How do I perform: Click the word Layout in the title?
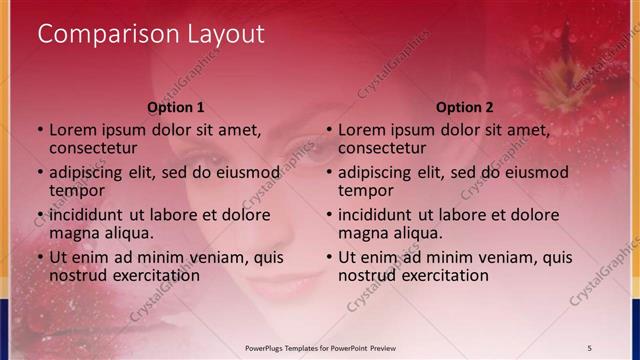point(225,34)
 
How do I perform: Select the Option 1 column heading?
point(176,107)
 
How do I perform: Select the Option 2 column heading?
point(465,107)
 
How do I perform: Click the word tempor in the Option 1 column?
point(77,190)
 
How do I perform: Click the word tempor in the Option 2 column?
point(366,190)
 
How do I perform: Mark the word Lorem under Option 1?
point(72,129)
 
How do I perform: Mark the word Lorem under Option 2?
point(361,129)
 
